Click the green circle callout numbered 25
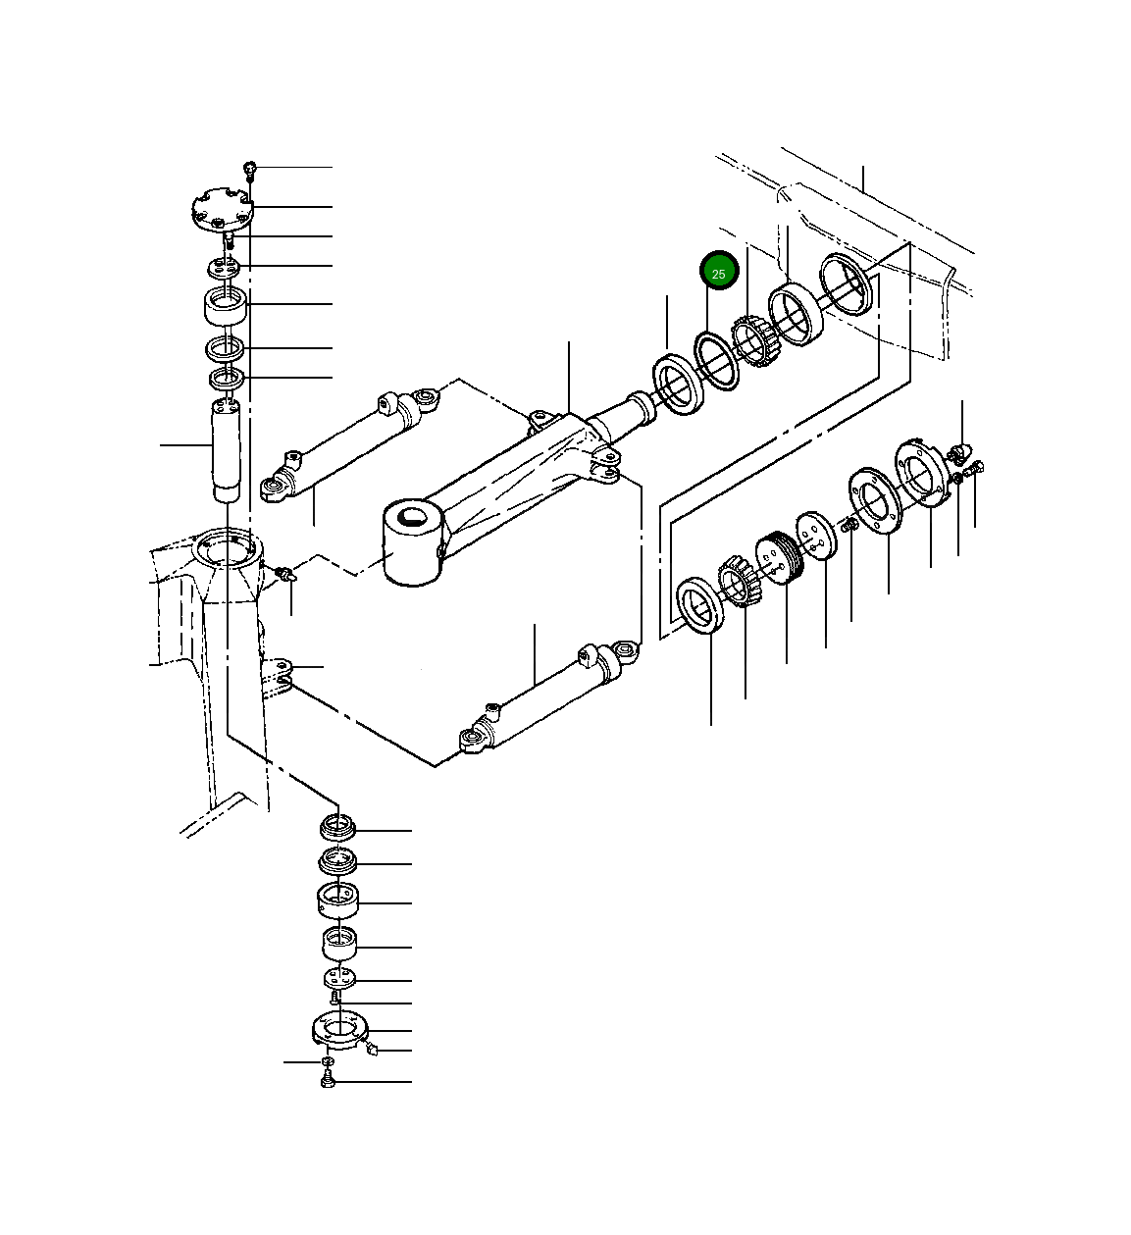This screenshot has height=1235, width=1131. [x=718, y=273]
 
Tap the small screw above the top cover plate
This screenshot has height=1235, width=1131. [x=250, y=170]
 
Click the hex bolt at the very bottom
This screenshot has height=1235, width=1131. [x=328, y=1081]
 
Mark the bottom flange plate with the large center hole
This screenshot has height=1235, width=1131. [x=339, y=1030]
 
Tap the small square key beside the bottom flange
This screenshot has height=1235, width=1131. [x=371, y=1051]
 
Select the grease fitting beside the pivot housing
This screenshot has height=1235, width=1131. [x=285, y=574]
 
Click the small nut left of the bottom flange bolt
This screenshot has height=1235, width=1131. [x=328, y=1061]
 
